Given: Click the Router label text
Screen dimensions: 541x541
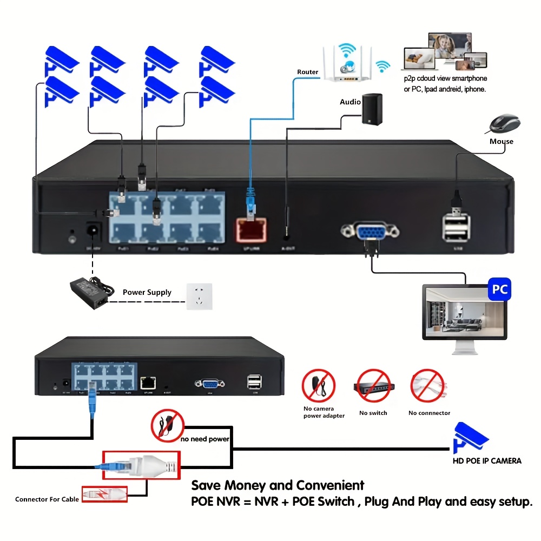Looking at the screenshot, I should pyautogui.click(x=308, y=72).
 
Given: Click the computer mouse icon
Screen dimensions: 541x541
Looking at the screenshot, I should pyautogui.click(x=505, y=124).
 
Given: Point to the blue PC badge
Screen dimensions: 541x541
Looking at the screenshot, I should pyautogui.click(x=500, y=289).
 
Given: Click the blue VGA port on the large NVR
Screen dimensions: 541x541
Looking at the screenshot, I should pyautogui.click(x=370, y=232).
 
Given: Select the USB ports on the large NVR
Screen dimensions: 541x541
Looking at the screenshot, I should pyautogui.click(x=456, y=227).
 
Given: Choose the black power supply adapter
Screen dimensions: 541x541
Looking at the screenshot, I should pyautogui.click(x=89, y=292).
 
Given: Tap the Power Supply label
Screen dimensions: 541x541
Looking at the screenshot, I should pyautogui.click(x=147, y=292).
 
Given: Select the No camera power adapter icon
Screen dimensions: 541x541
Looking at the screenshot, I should pyautogui.click(x=319, y=386).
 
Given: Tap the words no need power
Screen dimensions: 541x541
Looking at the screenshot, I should pyautogui.click(x=205, y=439).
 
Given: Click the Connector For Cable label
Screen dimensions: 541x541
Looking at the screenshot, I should pyautogui.click(x=47, y=499).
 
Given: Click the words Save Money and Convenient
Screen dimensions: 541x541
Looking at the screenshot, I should pyautogui.click(x=278, y=485).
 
